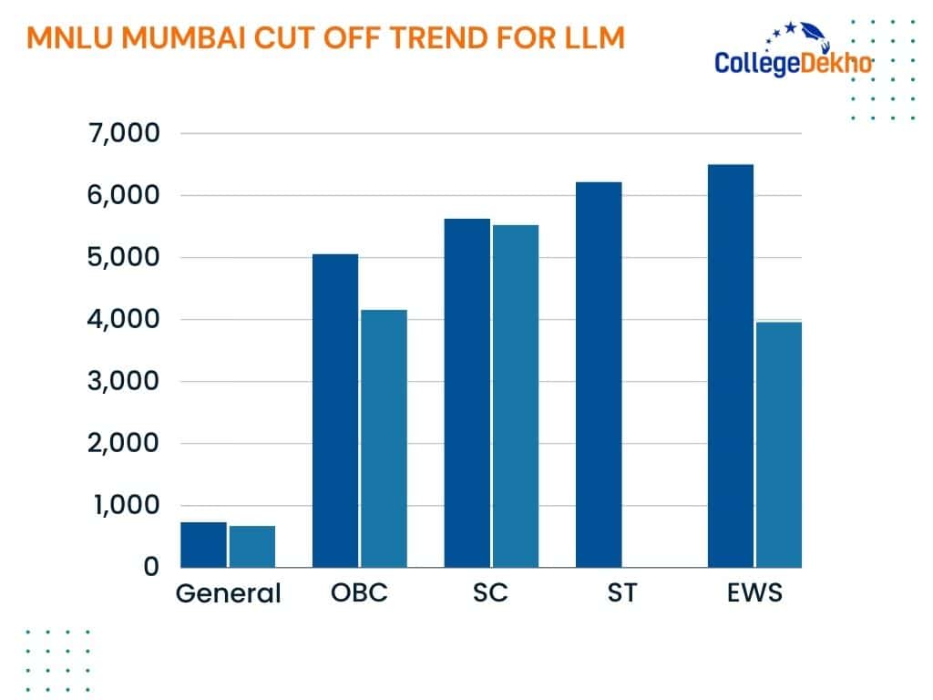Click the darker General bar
click(x=203, y=544)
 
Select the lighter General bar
click(x=252, y=546)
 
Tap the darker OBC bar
click(x=334, y=410)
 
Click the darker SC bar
click(x=466, y=393)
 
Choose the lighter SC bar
click(x=516, y=396)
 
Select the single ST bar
click(x=599, y=375)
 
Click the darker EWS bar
click(x=730, y=365)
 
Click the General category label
click(x=228, y=593)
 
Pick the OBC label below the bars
click(x=359, y=592)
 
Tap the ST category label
click(x=622, y=592)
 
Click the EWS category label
click(x=754, y=592)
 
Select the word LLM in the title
click(x=592, y=38)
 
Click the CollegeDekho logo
click(x=794, y=55)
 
